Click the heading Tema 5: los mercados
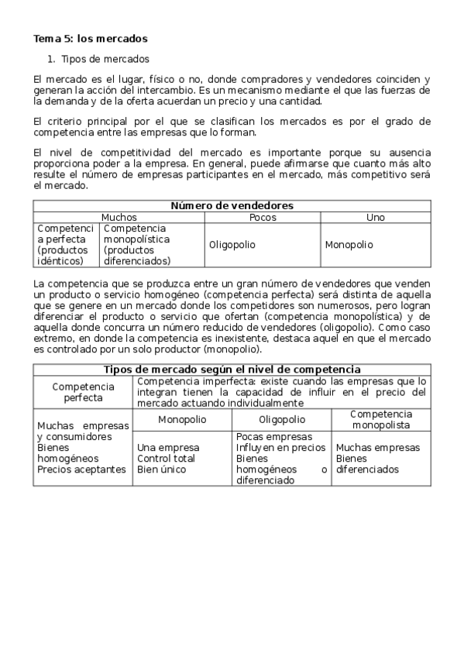coord(90,38)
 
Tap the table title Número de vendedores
coord(232,205)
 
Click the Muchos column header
coord(119,218)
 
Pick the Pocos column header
coord(263,218)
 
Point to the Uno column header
coord(375,218)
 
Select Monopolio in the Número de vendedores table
coord(349,245)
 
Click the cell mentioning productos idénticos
coord(66,245)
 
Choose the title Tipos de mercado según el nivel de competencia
coord(232,370)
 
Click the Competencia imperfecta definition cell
coord(281,392)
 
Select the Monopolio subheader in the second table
coord(182,419)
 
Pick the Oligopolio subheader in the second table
coord(281,419)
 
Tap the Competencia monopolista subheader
coord(381,419)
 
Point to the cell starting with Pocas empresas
coord(280,458)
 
